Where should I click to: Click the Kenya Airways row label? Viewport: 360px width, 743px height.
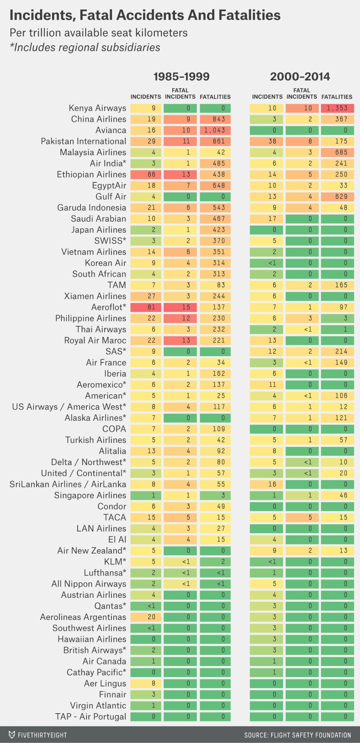tap(97, 108)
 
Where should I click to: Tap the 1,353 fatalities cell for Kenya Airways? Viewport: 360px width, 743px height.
tap(337, 108)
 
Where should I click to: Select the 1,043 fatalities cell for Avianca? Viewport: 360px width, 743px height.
tap(215, 130)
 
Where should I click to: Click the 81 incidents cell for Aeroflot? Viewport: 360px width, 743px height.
tap(146, 307)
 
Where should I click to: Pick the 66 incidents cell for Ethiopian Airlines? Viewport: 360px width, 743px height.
tap(146, 175)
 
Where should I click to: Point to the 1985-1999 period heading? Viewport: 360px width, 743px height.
tap(181, 77)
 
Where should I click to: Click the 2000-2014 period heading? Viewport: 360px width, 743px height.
tap(300, 77)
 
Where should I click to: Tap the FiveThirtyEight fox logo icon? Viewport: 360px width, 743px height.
tap(12, 735)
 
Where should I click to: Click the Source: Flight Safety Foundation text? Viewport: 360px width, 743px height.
tap(298, 735)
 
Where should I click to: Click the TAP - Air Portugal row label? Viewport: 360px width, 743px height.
tap(91, 717)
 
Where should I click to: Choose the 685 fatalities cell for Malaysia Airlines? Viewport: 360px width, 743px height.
tap(337, 152)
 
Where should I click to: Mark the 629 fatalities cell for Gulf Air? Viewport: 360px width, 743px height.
tap(337, 197)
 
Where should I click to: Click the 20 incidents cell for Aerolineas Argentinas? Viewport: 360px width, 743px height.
tap(146, 617)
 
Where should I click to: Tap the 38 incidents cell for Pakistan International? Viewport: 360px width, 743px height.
tap(267, 141)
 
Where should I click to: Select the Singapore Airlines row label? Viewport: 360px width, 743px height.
tap(90, 496)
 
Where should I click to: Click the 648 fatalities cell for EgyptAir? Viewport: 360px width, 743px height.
tap(215, 186)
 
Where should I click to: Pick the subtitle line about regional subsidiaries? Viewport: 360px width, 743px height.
tap(85, 48)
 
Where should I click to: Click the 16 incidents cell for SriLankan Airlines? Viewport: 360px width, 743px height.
tap(267, 484)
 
